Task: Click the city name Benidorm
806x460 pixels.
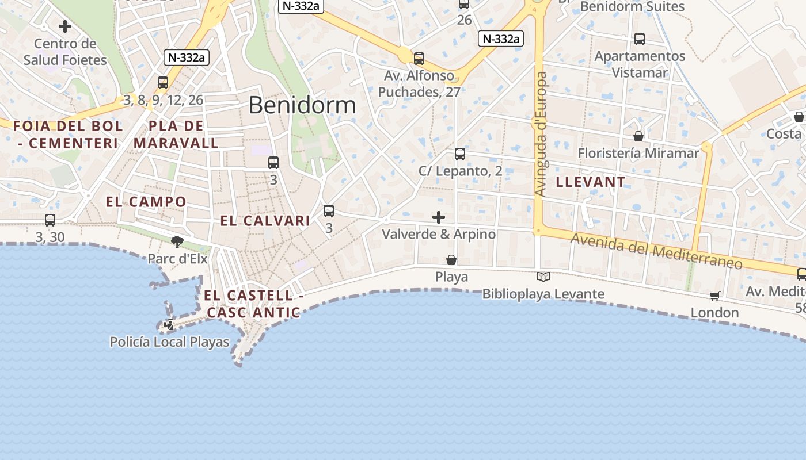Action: pyautogui.click(x=302, y=105)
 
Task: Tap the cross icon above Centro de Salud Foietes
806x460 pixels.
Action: pyautogui.click(x=65, y=26)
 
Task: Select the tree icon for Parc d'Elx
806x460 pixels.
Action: pyautogui.click(x=177, y=242)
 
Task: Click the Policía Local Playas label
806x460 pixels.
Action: pyautogui.click(x=169, y=343)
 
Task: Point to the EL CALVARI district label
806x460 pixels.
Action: pyautogui.click(x=265, y=221)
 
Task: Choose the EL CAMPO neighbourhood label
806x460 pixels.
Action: pyautogui.click(x=146, y=202)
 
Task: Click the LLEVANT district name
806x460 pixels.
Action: pyautogui.click(x=591, y=182)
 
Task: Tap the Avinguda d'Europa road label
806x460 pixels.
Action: pyautogui.click(x=541, y=133)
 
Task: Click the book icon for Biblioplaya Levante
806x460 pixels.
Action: pyautogui.click(x=543, y=277)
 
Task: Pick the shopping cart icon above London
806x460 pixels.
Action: pyautogui.click(x=715, y=296)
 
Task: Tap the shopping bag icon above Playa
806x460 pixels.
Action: pyautogui.click(x=451, y=260)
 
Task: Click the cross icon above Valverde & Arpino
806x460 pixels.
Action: pyautogui.click(x=439, y=217)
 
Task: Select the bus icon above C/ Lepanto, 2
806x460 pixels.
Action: pyautogui.click(x=459, y=154)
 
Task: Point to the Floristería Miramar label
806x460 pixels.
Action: pyautogui.click(x=638, y=153)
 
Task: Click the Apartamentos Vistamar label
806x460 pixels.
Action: pyautogui.click(x=640, y=64)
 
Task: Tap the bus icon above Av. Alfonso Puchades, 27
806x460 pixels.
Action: pyautogui.click(x=419, y=58)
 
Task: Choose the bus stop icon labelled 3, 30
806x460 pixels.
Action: pyautogui.click(x=50, y=220)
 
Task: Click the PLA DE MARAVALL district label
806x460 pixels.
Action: pyautogui.click(x=176, y=135)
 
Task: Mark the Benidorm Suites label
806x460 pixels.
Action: pyautogui.click(x=632, y=7)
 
